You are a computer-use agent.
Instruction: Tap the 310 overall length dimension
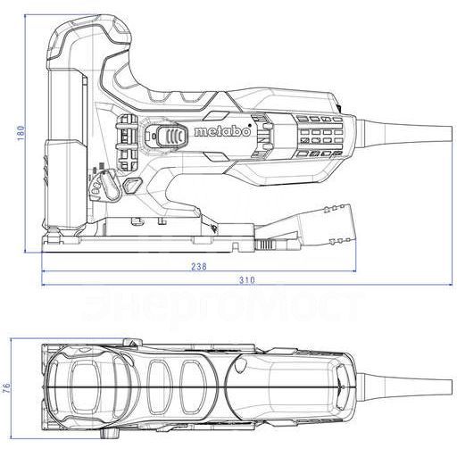[x=246, y=281]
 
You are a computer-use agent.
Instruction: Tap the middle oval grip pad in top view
[x=158, y=385]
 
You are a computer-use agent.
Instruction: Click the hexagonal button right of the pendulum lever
[x=133, y=184]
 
